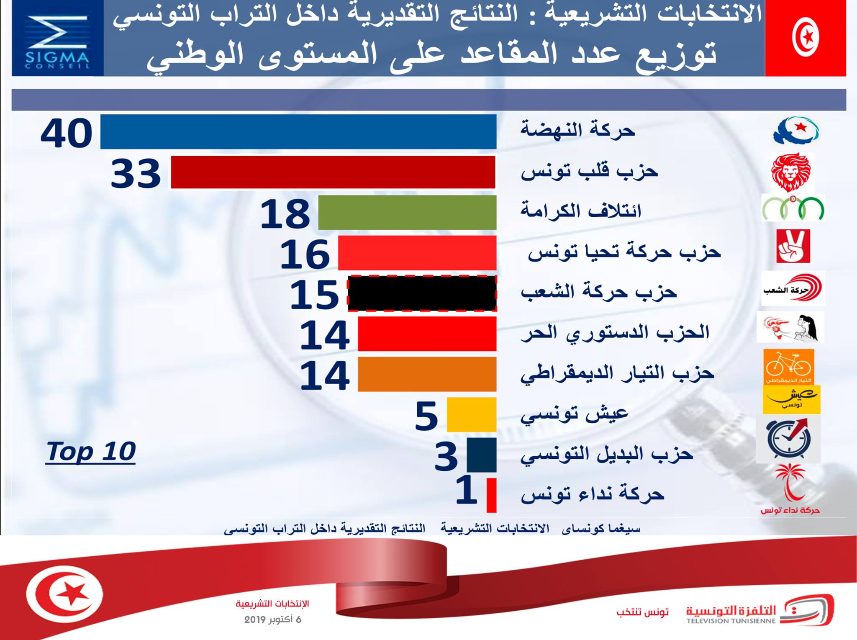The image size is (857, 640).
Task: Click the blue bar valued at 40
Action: click(x=298, y=131)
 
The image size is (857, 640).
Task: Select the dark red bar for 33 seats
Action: click(x=333, y=172)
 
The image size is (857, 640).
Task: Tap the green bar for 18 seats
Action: click(x=407, y=212)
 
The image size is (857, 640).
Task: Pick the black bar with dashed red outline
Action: click(x=422, y=293)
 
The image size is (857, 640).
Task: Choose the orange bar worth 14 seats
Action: click(x=427, y=374)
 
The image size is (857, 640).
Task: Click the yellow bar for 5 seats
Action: click(x=472, y=414)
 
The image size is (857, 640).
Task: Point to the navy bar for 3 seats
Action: click(x=482, y=455)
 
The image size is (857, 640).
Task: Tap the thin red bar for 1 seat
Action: click(x=492, y=495)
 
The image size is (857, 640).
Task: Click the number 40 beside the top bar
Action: click(x=67, y=134)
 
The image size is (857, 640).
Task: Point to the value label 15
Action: click(x=314, y=295)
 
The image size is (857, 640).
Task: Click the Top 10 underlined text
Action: click(x=91, y=452)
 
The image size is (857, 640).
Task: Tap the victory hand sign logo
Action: click(x=793, y=246)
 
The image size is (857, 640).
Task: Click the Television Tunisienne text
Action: click(x=731, y=621)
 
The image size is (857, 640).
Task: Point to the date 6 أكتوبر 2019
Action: click(x=272, y=619)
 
